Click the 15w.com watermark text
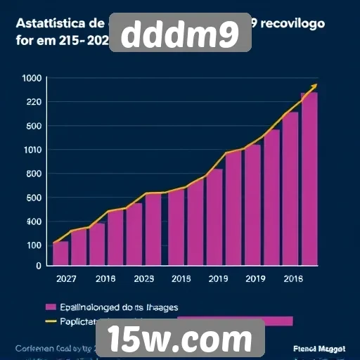point(186,340)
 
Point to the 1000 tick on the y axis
point(32,78)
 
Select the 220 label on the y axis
point(33,102)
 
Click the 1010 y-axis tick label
point(32,150)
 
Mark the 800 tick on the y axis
point(33,174)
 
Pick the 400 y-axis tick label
point(33,221)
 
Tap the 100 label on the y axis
point(33,245)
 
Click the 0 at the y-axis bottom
point(39,266)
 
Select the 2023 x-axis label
point(143,278)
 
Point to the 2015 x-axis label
point(181,278)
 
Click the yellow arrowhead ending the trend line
point(314,86)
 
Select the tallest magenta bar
point(309,179)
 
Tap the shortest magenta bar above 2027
point(60,253)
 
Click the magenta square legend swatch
point(51,307)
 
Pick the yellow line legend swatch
point(51,321)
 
